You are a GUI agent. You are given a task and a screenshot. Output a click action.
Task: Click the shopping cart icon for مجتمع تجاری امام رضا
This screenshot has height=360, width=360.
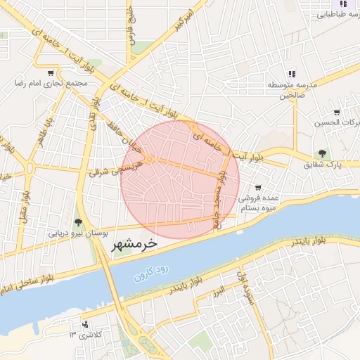tap(50, 72)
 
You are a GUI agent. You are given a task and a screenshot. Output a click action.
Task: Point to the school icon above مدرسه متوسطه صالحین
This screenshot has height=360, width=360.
tap(291, 74)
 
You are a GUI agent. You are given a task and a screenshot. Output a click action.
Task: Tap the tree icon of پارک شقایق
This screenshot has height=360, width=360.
tap(322, 154)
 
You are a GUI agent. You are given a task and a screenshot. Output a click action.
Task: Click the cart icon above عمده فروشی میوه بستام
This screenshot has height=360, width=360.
tap(258, 188)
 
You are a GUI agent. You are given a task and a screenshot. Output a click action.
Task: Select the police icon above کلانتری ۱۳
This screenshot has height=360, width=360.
tap(85, 324)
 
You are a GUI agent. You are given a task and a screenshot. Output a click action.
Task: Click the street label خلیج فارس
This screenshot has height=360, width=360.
tap(131, 27)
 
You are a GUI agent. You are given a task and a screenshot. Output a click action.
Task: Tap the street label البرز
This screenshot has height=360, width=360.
tap(219, 290)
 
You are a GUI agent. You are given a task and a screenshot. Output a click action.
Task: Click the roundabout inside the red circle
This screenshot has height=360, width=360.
tap(150, 161)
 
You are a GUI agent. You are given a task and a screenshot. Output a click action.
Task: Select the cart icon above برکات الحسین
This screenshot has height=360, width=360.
tap(337, 112)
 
